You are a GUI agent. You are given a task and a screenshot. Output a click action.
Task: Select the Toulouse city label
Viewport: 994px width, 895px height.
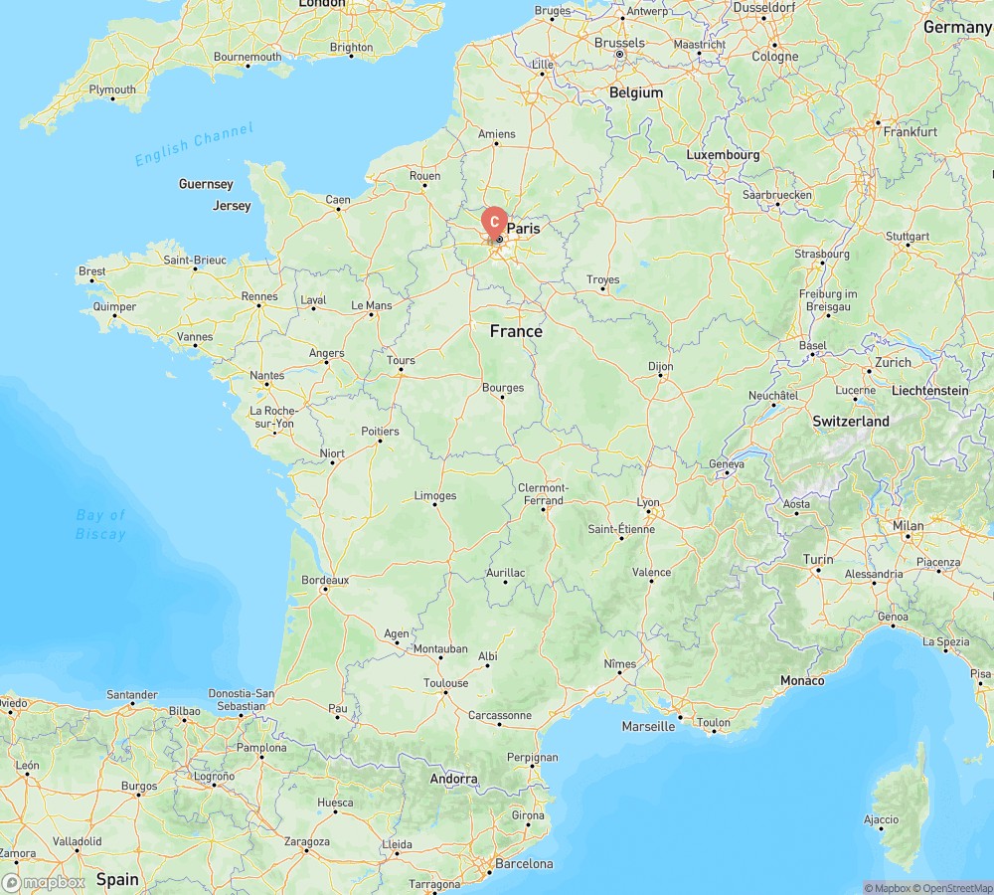click(x=445, y=683)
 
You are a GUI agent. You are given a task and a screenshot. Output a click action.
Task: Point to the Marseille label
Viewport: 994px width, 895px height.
click(x=648, y=726)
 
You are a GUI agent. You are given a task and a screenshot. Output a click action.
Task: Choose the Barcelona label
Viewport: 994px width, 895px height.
click(x=526, y=863)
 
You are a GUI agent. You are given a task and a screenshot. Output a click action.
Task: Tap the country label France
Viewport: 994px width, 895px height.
click(x=516, y=331)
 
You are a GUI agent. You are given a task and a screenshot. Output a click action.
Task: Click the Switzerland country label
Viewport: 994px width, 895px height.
click(x=851, y=422)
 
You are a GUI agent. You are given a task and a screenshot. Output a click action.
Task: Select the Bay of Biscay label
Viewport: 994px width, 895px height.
click(x=100, y=524)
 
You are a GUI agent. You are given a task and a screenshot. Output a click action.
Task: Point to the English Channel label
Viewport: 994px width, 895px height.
click(x=194, y=143)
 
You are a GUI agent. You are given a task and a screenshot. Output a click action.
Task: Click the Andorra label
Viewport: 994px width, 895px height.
click(x=453, y=779)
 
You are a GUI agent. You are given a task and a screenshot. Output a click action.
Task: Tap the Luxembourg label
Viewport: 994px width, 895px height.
click(x=723, y=155)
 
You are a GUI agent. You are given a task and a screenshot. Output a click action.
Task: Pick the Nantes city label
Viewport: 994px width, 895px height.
click(x=267, y=376)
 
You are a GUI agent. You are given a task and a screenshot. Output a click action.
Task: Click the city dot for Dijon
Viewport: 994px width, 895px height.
click(x=659, y=378)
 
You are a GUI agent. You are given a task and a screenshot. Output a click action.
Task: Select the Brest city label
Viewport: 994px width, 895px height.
click(x=92, y=271)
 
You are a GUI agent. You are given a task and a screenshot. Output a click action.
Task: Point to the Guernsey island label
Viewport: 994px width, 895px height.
click(x=206, y=184)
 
